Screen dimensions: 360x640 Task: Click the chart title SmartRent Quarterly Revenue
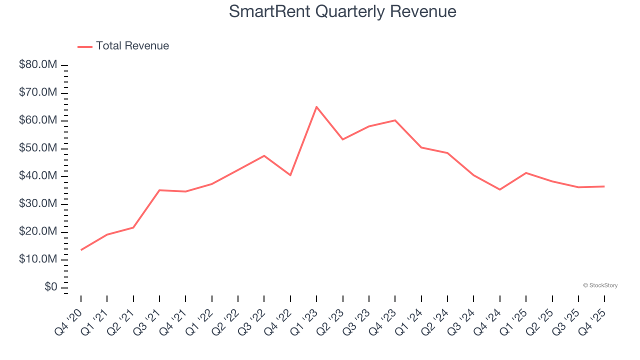pyautogui.click(x=342, y=11)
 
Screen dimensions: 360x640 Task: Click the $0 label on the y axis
pyautogui.click(x=51, y=287)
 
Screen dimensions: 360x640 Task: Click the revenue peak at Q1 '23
pyautogui.click(x=316, y=106)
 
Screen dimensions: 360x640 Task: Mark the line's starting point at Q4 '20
pyautogui.click(x=81, y=250)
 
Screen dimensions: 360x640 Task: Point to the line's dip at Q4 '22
pyautogui.click(x=290, y=175)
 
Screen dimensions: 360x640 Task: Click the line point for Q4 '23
pyautogui.click(x=395, y=120)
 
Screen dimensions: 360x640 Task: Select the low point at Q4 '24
pyautogui.click(x=499, y=189)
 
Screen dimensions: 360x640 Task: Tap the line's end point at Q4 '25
pyautogui.click(x=604, y=186)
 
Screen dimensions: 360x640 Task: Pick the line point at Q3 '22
pyautogui.click(x=264, y=155)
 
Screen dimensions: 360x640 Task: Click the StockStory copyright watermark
pyautogui.click(x=600, y=285)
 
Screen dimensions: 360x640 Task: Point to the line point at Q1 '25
pyautogui.click(x=526, y=172)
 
